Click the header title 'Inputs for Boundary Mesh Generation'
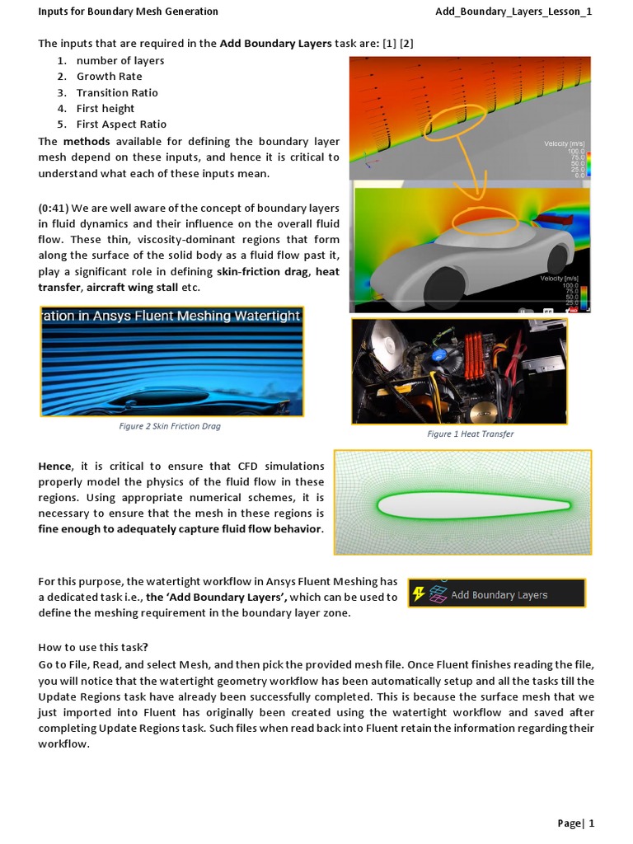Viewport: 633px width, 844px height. tap(128, 12)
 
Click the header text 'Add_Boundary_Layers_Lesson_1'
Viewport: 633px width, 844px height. tap(513, 12)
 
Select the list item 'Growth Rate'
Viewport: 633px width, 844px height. tap(109, 77)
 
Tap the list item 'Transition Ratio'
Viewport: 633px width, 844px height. tap(117, 92)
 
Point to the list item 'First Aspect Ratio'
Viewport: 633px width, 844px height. tap(121, 124)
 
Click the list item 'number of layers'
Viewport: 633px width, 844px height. tap(120, 61)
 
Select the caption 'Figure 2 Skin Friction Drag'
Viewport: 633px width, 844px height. tap(170, 427)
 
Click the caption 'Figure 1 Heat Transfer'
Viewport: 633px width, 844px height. tap(470, 434)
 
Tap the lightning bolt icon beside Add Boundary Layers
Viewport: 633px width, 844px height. tap(420, 594)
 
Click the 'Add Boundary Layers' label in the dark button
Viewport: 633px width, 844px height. tap(499, 595)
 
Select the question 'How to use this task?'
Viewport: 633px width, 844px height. tap(93, 647)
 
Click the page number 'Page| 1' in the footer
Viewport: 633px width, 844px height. tap(575, 823)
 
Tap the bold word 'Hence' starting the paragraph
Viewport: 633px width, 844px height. tap(55, 467)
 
